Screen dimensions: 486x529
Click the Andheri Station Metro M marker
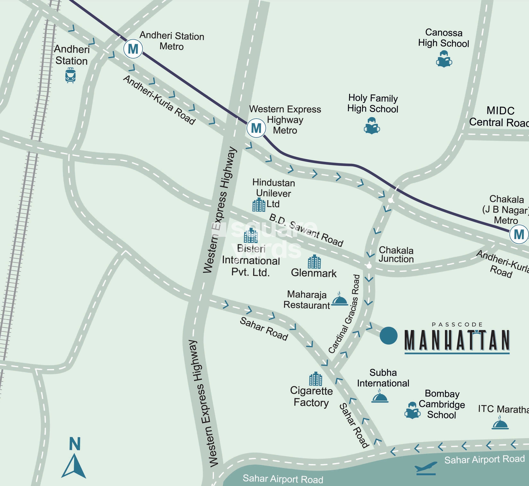click(133, 49)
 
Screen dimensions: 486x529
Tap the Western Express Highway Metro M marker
click(256, 128)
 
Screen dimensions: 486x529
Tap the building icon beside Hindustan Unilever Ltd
click(259, 205)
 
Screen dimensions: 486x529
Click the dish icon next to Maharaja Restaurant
click(339, 299)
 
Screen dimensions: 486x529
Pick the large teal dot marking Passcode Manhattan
click(388, 336)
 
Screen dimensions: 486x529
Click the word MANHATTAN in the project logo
click(457, 341)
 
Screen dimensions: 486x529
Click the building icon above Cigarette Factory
click(315, 379)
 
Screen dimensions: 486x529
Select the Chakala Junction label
click(396, 255)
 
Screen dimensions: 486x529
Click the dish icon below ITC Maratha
click(500, 423)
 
